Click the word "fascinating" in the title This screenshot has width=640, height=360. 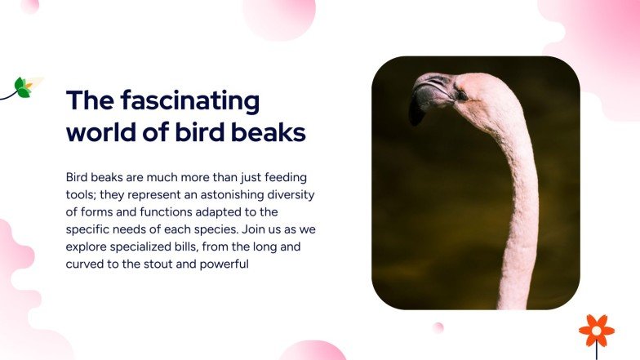[189, 101]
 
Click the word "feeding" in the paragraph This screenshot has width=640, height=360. [285, 176]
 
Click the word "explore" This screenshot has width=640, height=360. [87, 247]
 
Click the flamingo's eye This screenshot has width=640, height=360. [461, 96]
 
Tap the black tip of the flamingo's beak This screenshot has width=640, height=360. [416, 113]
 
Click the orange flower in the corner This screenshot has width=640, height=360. [597, 330]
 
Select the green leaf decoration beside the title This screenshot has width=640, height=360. [23, 87]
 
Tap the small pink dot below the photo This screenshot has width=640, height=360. [438, 327]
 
